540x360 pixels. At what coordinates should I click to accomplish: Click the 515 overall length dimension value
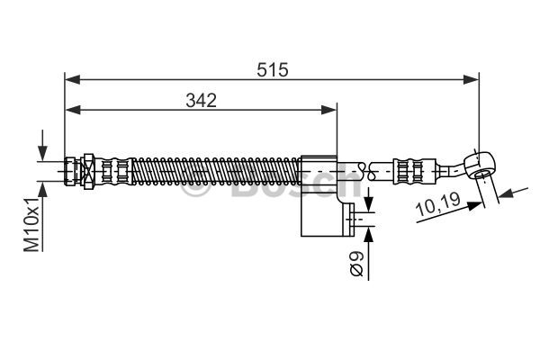tap(272, 69)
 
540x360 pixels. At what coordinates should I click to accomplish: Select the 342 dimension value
tap(201, 100)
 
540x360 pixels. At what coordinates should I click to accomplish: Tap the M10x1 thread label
tap(31, 224)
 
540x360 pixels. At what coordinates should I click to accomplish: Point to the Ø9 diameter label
tap(356, 264)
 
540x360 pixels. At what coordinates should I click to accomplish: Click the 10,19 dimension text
tap(438, 204)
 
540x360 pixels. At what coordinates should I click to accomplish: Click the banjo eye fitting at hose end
tap(480, 166)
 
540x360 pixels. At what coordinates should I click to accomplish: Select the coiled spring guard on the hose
tap(216, 171)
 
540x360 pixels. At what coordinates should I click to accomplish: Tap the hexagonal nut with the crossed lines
tap(88, 171)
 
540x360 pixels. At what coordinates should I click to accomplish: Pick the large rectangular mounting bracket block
tap(319, 195)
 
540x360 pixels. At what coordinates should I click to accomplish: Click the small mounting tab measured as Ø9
tap(349, 220)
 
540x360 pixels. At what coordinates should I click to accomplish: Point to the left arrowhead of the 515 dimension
tap(72, 80)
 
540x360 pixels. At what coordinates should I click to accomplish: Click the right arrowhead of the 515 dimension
tap(471, 80)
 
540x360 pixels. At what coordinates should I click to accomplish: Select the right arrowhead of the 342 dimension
tap(328, 110)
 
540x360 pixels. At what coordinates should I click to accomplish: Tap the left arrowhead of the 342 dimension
tap(72, 110)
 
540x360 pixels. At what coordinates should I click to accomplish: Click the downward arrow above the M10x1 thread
tap(42, 146)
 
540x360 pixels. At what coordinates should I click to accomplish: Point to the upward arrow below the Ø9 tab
tap(369, 253)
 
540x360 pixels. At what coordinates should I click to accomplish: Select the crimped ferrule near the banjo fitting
tap(414, 171)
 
